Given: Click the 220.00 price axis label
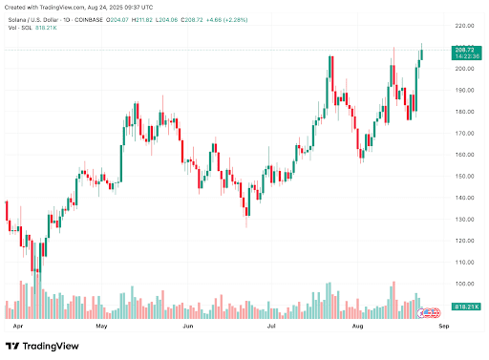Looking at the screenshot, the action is (464, 26).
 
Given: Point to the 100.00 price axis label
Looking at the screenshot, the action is (464, 284).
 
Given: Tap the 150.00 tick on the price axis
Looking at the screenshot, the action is (464, 177).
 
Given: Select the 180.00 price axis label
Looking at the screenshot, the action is (464, 112).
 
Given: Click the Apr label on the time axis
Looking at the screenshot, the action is (18, 326).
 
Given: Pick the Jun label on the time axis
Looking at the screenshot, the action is (188, 326).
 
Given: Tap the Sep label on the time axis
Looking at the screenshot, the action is (444, 326).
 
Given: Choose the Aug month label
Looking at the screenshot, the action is (358, 326).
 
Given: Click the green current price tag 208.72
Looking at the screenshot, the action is (466, 53).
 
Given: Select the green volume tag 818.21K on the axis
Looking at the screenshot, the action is (466, 307).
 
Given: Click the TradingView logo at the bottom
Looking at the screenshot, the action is (42, 346).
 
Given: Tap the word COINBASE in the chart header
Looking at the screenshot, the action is (89, 20).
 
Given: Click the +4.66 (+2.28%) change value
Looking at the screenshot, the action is (226, 20).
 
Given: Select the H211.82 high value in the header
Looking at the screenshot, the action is (142, 20).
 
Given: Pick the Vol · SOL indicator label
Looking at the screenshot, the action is (20, 28).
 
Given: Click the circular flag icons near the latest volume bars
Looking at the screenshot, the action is (430, 313).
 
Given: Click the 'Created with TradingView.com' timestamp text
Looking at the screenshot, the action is (78, 7).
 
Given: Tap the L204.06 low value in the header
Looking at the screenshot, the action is (166, 20).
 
